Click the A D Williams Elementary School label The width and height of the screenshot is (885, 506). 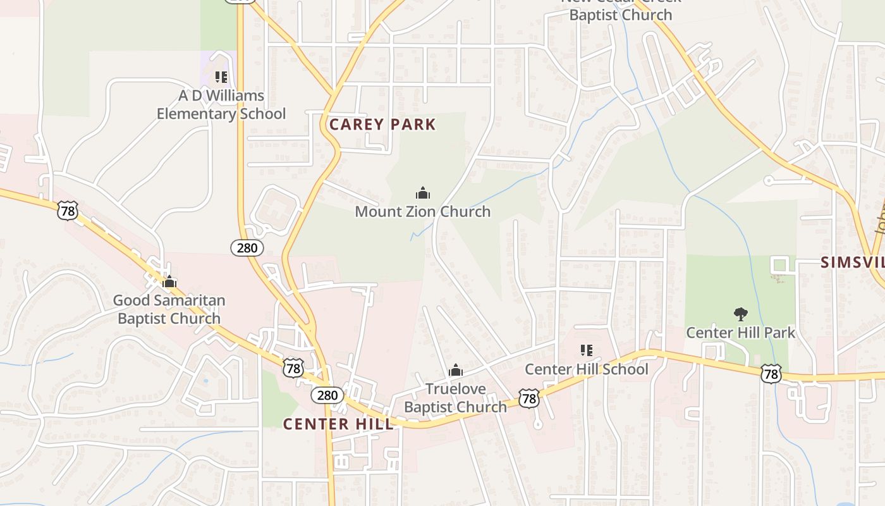pyautogui.click(x=221, y=105)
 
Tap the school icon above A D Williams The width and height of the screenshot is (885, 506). pyautogui.click(x=221, y=77)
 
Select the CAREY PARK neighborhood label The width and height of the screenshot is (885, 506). pyautogui.click(x=382, y=124)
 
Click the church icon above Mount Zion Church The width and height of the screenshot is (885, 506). pyautogui.click(x=423, y=193)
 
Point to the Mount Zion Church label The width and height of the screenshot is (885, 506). pyautogui.click(x=422, y=211)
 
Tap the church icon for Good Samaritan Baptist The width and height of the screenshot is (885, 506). pyautogui.click(x=169, y=281)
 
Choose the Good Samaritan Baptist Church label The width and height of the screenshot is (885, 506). pyautogui.click(x=169, y=309)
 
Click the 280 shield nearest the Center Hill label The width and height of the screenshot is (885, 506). pyautogui.click(x=327, y=395)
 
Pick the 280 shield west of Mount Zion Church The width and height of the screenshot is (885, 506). pyautogui.click(x=247, y=248)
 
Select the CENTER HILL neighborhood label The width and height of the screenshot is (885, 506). pyautogui.click(x=338, y=424)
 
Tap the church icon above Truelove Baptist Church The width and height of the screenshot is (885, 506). pyautogui.click(x=455, y=371)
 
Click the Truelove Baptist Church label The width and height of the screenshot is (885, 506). pyautogui.click(x=455, y=398)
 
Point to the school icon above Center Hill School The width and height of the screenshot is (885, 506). pyautogui.click(x=587, y=350)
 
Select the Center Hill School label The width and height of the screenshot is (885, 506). pyautogui.click(x=587, y=369)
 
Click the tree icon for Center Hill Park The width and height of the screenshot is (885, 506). pyautogui.click(x=741, y=314)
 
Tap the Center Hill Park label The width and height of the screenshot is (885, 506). pyautogui.click(x=741, y=332)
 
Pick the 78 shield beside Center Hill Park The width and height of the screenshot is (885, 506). pyautogui.click(x=771, y=374)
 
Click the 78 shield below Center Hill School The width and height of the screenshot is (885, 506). pyautogui.click(x=529, y=398)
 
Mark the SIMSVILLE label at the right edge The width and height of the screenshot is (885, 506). pyautogui.click(x=853, y=262)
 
